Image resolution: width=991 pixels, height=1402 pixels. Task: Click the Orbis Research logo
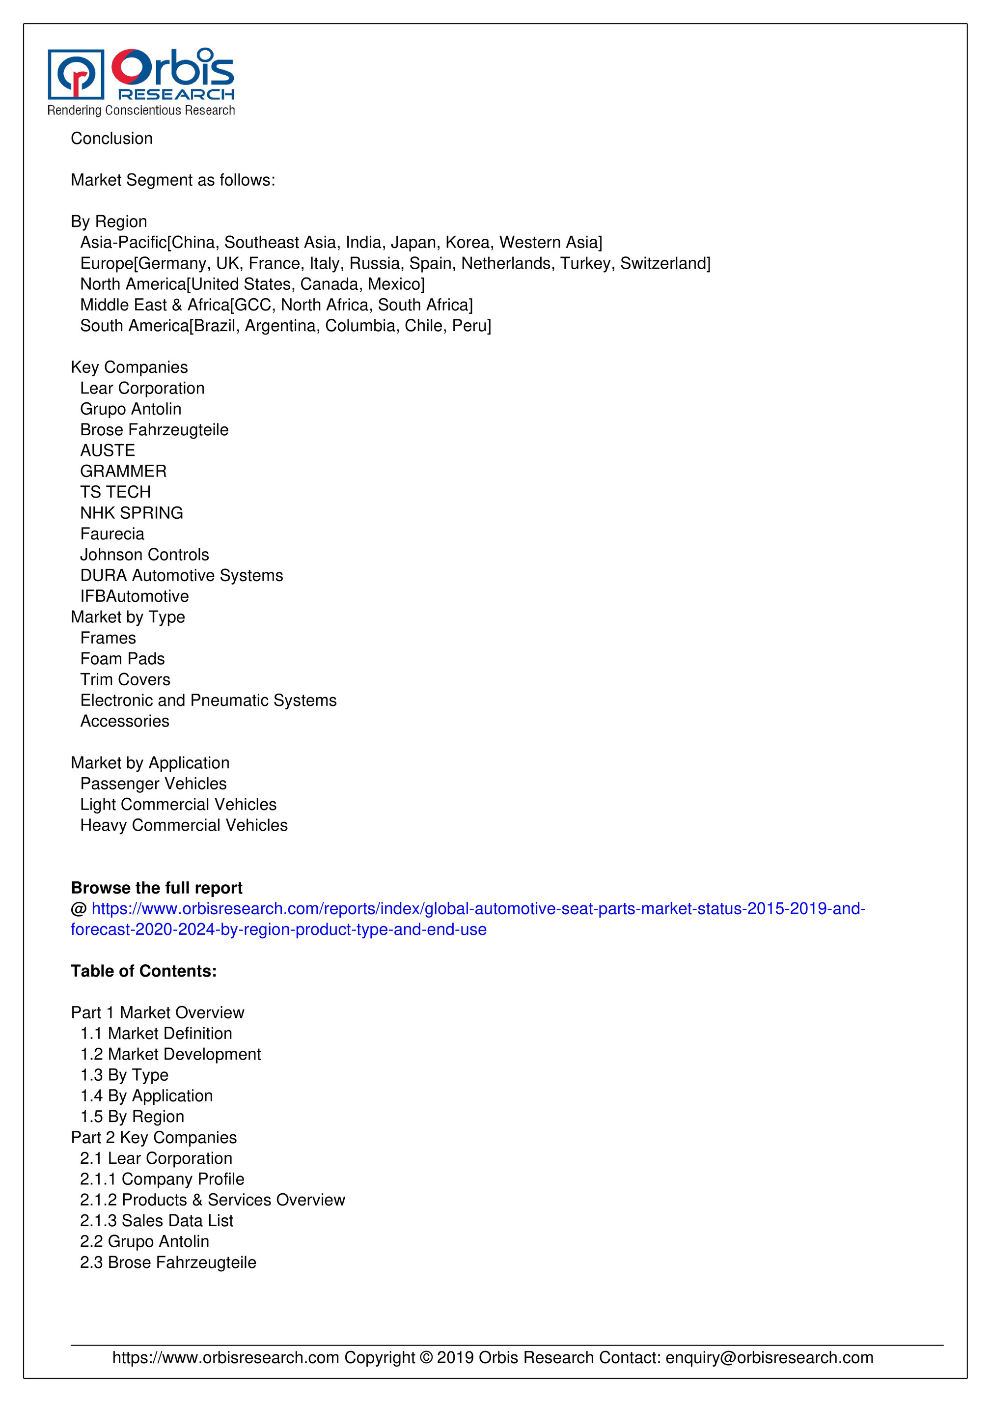pyautogui.click(x=141, y=81)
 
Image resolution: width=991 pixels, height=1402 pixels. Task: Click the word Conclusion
pyautogui.click(x=112, y=139)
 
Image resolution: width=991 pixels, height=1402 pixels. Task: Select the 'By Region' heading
pyautogui.click(x=109, y=222)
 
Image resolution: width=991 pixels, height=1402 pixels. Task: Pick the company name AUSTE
pyautogui.click(x=108, y=450)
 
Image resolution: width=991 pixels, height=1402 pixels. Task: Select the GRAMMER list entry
pyautogui.click(x=123, y=472)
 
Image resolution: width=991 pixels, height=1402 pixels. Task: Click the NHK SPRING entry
pyautogui.click(x=131, y=513)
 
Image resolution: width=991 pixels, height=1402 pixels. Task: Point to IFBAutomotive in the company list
pyautogui.click(x=135, y=596)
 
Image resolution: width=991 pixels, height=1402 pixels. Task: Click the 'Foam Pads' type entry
pyautogui.click(x=122, y=659)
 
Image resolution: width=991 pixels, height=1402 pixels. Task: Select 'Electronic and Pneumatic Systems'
pyautogui.click(x=208, y=701)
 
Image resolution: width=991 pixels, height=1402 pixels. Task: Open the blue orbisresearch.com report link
pyautogui.click(x=478, y=909)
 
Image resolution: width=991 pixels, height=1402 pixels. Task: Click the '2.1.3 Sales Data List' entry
pyautogui.click(x=156, y=1221)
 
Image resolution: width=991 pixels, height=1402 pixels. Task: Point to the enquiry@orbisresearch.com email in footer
pyautogui.click(x=770, y=1357)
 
